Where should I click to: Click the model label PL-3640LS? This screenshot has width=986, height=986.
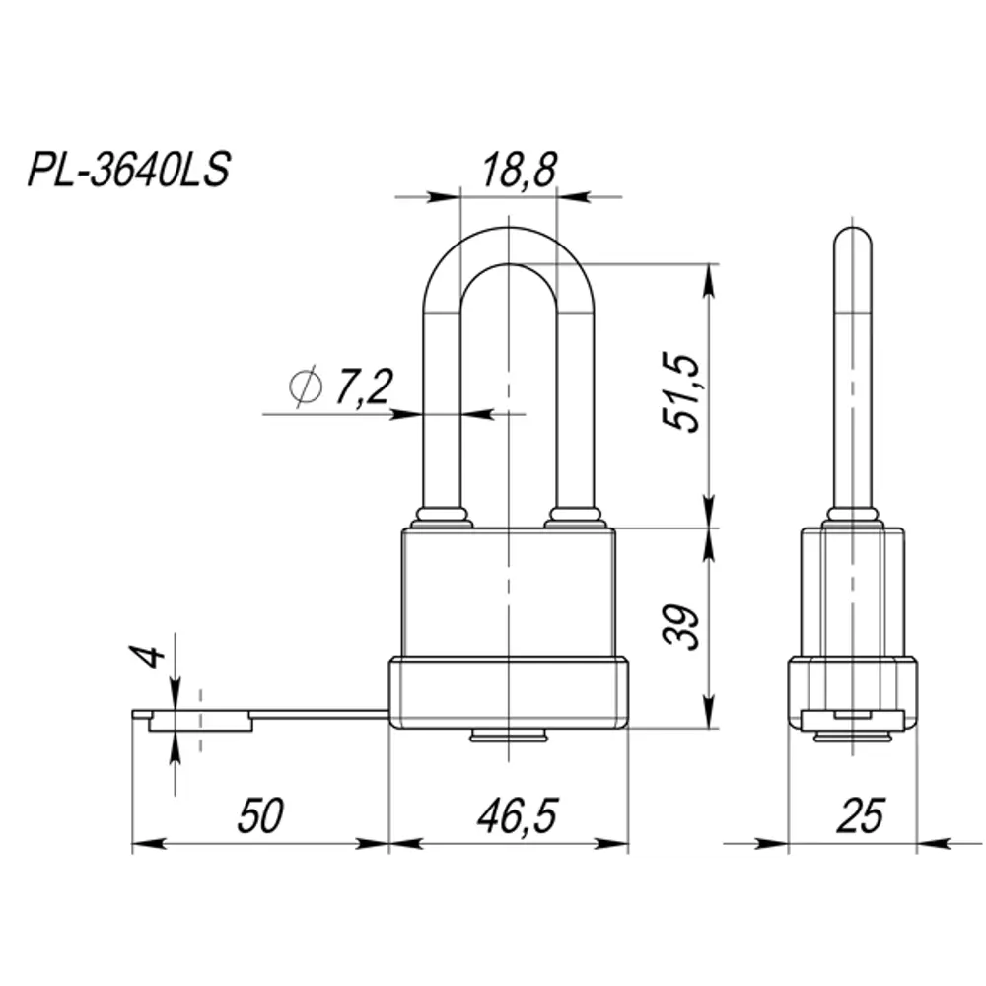(x=128, y=170)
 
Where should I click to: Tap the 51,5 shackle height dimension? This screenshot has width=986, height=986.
(x=680, y=392)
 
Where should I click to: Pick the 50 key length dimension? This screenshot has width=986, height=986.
(x=260, y=815)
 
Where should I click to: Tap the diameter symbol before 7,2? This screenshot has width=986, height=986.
(x=307, y=387)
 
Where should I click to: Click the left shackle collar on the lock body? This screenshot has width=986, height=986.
(x=442, y=517)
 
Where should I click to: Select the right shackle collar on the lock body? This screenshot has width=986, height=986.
(x=575, y=517)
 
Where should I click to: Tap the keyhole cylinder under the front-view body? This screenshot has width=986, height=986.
(x=510, y=736)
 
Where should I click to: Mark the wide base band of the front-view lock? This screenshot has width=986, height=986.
(x=509, y=693)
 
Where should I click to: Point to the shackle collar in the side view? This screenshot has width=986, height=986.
(x=852, y=516)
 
